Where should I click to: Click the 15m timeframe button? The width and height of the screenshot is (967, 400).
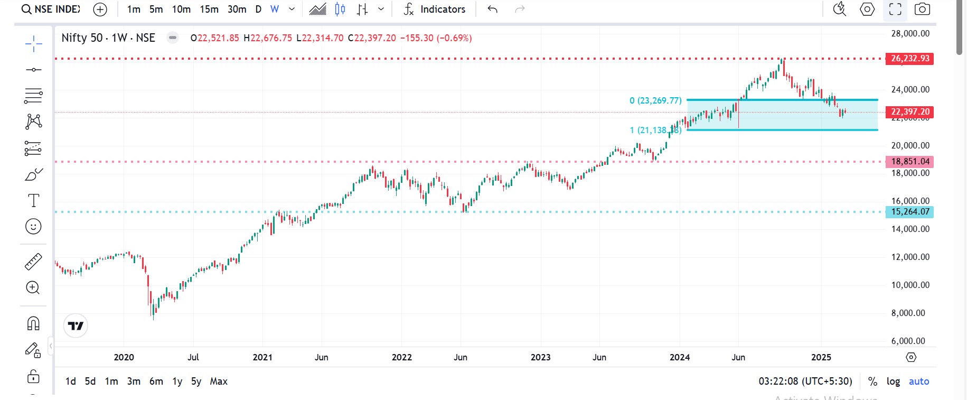(209, 9)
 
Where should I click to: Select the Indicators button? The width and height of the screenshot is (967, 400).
(435, 9)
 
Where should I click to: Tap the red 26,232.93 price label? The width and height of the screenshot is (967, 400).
(909, 59)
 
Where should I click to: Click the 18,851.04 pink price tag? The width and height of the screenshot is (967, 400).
(909, 162)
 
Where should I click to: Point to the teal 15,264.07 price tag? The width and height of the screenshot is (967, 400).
(909, 212)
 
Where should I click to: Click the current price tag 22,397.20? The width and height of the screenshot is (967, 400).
(909, 112)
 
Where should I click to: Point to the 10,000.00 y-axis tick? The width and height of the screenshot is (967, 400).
(910, 285)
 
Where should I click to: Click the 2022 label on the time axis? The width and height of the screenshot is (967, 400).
(401, 357)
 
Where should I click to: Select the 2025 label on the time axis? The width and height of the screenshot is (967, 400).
(821, 357)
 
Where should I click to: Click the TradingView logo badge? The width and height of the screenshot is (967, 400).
(76, 325)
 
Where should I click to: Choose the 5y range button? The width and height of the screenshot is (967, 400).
(196, 381)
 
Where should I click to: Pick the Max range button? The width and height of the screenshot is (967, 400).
(219, 381)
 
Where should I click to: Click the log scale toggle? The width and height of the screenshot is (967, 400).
(893, 381)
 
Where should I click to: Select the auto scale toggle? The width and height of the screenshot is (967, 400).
(918, 381)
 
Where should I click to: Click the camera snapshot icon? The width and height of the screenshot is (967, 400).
(922, 9)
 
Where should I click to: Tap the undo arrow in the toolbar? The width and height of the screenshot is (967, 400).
(492, 9)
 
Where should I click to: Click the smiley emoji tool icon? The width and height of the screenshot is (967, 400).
(33, 227)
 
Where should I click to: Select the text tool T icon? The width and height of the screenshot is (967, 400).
(33, 200)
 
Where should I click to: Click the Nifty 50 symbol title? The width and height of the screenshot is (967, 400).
(108, 38)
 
